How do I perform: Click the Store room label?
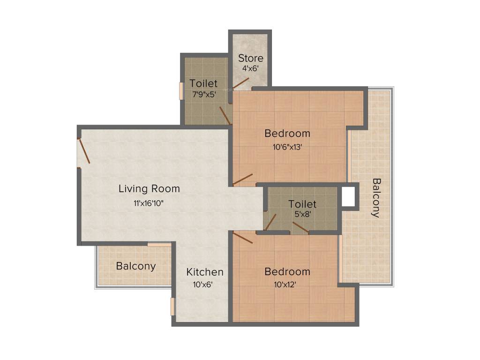250,59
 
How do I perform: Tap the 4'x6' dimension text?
250,68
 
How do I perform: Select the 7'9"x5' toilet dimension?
203,93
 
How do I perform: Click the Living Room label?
149,189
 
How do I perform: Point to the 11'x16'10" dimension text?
149,203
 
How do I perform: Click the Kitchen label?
205,272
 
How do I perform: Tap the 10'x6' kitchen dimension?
202,284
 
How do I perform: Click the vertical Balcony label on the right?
376,197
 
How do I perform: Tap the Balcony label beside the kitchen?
136,266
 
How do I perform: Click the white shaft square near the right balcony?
348,197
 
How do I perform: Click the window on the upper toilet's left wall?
181,91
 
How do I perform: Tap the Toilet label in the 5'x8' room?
302,204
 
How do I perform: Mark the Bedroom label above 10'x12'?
287,272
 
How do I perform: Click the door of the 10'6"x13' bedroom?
243,179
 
